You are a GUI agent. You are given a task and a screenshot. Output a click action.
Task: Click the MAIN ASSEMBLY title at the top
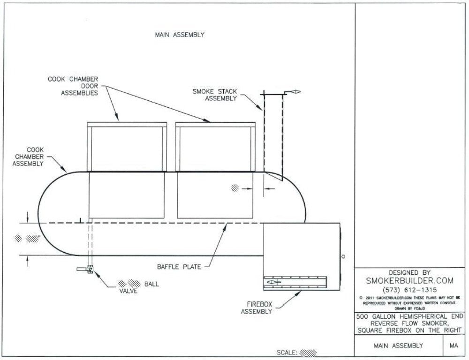click(180, 35)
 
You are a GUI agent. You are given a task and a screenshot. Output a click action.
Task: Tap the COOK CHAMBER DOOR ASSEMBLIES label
click(73, 86)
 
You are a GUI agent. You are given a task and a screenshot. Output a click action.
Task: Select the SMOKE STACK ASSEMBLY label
click(215, 95)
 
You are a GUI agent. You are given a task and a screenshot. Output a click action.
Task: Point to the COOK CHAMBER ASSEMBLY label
click(28, 157)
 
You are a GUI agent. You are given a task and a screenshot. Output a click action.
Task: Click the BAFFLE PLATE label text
click(179, 267)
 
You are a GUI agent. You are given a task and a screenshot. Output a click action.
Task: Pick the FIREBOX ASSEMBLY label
click(256, 307)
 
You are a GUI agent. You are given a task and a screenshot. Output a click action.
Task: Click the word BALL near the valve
click(151, 284)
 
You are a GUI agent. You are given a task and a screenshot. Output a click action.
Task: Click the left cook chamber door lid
click(127, 125)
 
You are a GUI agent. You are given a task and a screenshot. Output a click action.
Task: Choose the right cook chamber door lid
click(215, 125)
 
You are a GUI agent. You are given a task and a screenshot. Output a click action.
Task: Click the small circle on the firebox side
click(343, 256)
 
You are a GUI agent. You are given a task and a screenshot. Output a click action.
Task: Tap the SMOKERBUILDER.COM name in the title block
click(409, 280)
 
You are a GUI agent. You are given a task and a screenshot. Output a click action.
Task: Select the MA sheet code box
click(454, 346)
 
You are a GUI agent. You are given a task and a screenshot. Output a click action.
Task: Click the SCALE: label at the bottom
click(287, 352)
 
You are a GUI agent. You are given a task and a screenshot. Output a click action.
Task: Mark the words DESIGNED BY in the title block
click(409, 272)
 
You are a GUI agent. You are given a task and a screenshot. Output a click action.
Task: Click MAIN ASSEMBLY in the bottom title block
click(398, 346)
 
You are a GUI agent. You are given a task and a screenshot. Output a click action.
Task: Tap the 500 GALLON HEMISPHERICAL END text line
click(409, 317)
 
